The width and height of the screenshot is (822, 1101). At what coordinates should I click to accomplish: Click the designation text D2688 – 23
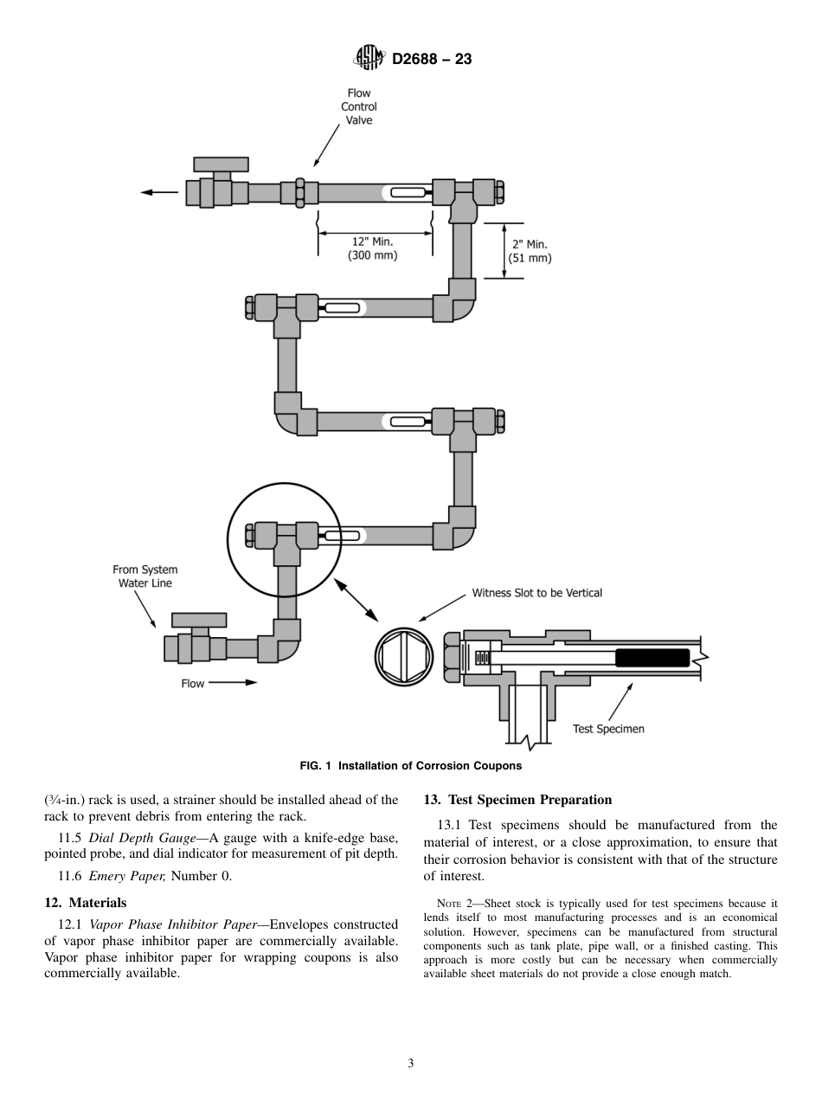click(432, 60)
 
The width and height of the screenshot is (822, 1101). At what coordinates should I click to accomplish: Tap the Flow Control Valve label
click(358, 106)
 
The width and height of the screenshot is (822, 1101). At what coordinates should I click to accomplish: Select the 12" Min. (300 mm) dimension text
click(372, 249)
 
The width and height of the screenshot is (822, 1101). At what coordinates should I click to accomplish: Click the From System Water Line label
click(144, 576)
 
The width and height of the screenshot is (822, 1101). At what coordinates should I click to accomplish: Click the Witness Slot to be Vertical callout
click(536, 593)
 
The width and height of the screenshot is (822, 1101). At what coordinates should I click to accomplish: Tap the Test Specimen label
click(608, 729)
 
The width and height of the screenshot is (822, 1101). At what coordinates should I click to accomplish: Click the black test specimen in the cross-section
click(652, 658)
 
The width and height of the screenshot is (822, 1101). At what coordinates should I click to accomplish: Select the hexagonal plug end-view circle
click(404, 655)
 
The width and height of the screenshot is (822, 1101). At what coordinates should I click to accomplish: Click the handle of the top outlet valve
click(221, 164)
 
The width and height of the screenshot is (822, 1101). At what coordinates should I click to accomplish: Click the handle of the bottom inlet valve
click(199, 620)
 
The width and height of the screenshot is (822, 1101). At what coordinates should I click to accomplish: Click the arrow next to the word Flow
click(233, 682)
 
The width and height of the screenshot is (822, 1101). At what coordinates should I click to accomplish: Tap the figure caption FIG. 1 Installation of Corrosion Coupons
click(410, 766)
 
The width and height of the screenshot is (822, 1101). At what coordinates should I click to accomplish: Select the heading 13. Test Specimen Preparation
click(517, 800)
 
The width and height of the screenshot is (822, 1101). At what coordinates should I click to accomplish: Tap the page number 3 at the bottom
click(411, 1063)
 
